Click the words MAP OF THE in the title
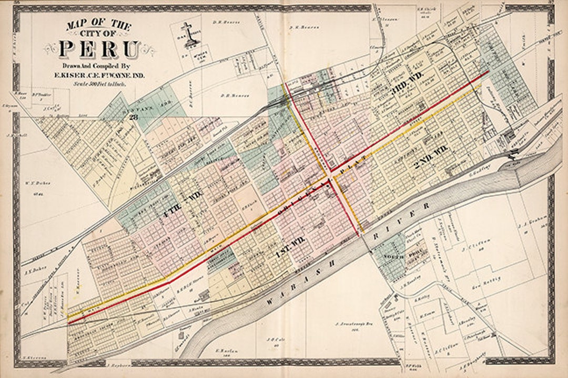point(98,24)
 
